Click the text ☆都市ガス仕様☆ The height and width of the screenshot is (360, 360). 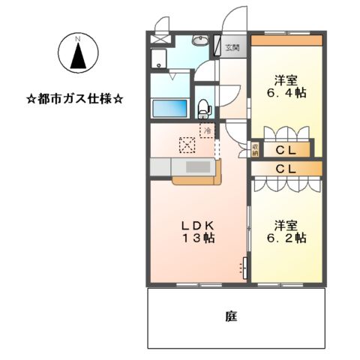click(75, 98)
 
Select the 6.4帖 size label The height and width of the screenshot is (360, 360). click(289, 94)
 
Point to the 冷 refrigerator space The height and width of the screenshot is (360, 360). click(206, 131)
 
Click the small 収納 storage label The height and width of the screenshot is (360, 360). click(255, 148)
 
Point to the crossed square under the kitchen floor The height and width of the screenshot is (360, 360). click(186, 144)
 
